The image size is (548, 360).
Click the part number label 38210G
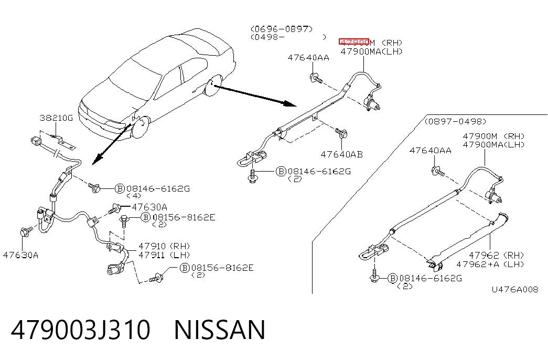[x=56, y=118]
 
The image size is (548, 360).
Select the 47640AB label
[x=341, y=154]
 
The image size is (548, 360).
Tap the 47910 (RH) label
[x=164, y=246]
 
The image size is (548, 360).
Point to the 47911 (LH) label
[x=164, y=255]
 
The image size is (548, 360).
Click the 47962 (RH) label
[x=496, y=256]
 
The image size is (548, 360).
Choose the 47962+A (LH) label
[x=490, y=264]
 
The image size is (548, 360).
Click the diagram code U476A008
[x=515, y=289]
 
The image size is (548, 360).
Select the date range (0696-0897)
[x=282, y=29]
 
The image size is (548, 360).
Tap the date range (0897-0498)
[x=455, y=121]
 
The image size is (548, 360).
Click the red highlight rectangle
[x=353, y=42]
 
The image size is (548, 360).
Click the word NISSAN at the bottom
[x=220, y=330]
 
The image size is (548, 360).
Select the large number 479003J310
[x=81, y=330]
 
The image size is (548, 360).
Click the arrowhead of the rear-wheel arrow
[x=290, y=103]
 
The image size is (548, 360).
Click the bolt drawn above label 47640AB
[x=341, y=133]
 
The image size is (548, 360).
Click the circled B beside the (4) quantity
[x=120, y=189]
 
